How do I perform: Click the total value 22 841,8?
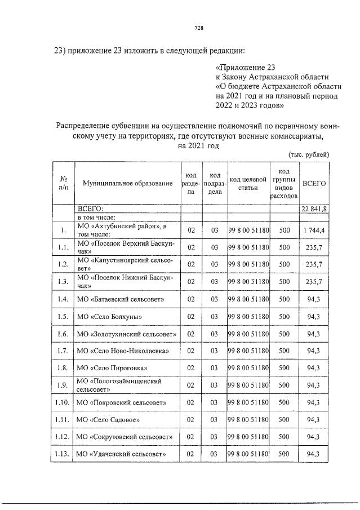(x=314, y=209)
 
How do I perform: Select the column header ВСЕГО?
(x=314, y=184)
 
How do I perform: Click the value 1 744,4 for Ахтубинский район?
(x=314, y=230)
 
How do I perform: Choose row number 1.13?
(x=63, y=454)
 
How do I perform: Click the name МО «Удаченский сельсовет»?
(x=121, y=454)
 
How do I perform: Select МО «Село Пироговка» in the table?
(x=112, y=368)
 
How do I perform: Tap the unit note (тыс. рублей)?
(x=308, y=154)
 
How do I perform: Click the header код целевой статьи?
(x=248, y=184)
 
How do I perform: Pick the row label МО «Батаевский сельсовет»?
(x=120, y=299)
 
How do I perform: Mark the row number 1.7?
(x=63, y=351)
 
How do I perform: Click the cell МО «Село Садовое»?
(x=108, y=420)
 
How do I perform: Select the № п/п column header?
(x=63, y=184)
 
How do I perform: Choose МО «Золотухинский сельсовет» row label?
(x=126, y=334)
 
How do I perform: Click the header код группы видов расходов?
(x=284, y=184)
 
